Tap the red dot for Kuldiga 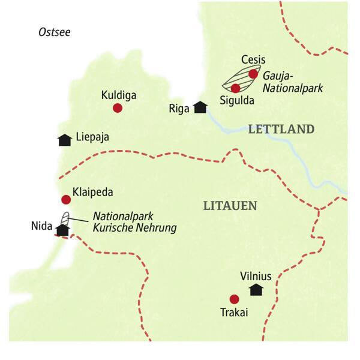(118, 108)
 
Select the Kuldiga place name (118, 95)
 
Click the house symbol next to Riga (200, 107)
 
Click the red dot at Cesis (253, 74)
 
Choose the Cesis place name (253, 60)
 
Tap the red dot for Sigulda (235, 88)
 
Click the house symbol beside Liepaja (64, 139)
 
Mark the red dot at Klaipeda (66, 200)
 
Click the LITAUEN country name (230, 206)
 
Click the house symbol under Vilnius (256, 290)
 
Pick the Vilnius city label (256, 276)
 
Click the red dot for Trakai (234, 299)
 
